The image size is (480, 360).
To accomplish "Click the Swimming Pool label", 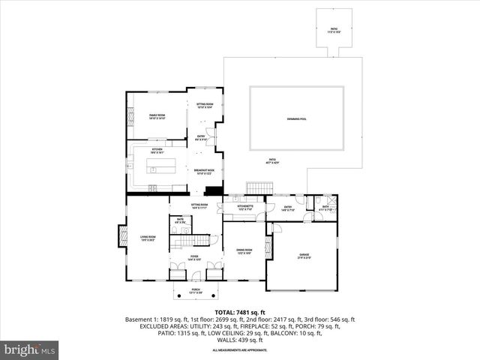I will click(296, 119).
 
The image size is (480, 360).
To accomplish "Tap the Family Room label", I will click(157, 116).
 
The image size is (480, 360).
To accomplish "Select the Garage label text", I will click(304, 256).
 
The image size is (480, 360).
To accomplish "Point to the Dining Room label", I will click(244, 251).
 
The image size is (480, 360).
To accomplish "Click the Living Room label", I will click(147, 238).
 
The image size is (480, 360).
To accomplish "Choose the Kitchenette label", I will click(244, 207).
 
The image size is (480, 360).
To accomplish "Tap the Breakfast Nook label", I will click(204, 171).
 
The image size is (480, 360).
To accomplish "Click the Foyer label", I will click(193, 258).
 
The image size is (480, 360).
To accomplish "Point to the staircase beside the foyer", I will click(198, 241).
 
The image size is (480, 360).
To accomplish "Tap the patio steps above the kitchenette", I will click(258, 187).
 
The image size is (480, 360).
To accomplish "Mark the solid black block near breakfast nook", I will click(214, 190).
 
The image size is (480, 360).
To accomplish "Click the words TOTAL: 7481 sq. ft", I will click(240, 311).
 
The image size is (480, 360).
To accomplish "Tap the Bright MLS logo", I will click(30, 349).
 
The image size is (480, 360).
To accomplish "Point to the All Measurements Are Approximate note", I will click(240, 350).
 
